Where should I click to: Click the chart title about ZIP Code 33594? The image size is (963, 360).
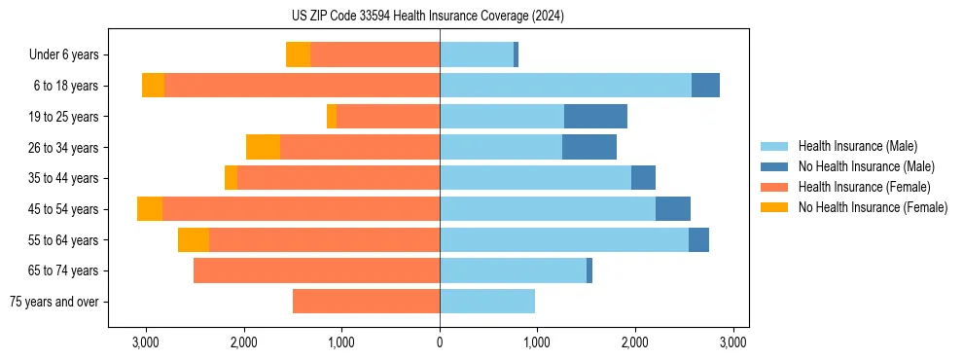441,17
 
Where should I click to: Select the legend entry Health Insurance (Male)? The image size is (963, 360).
857,146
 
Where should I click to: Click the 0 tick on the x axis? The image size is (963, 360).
440,342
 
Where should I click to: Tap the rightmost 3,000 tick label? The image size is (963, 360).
732,342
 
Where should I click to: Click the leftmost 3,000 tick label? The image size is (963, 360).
146,342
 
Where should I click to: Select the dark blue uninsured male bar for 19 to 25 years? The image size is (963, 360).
595,117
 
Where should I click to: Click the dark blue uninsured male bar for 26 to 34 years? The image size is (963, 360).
589,147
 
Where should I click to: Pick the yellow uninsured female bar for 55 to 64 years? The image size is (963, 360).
194,240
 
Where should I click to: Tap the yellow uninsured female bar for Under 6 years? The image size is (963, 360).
298,54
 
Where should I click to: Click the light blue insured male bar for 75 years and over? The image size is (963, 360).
487,302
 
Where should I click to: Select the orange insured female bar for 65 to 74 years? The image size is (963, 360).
316,270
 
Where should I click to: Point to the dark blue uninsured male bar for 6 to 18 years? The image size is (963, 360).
705,86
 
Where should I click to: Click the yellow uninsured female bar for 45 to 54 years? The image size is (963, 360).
150,209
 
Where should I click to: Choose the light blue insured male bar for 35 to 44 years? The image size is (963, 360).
535,178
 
